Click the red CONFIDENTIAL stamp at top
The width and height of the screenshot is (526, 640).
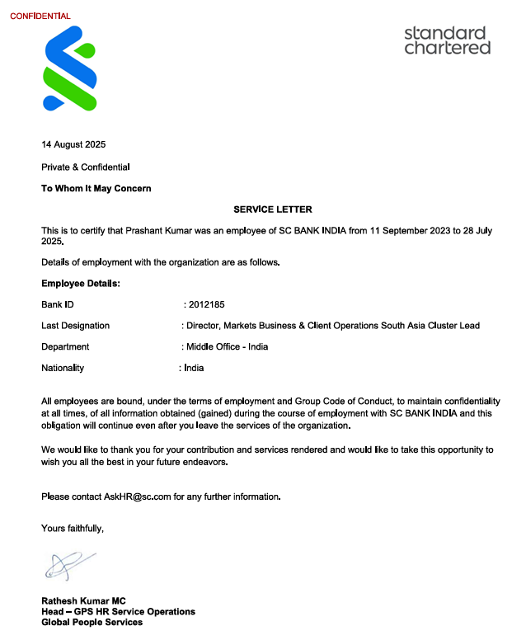40,16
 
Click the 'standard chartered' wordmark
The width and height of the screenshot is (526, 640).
447,40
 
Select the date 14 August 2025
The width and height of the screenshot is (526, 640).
73,145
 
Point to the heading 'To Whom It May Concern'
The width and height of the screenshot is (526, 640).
96,188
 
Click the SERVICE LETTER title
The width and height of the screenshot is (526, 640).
273,209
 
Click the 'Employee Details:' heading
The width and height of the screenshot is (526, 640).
81,284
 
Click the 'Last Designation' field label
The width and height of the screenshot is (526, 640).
75,326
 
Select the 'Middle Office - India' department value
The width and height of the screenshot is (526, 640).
227,346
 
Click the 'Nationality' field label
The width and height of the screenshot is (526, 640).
63,368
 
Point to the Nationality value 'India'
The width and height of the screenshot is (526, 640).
194,368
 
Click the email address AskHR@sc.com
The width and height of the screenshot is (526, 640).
137,496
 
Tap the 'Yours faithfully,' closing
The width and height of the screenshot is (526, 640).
73,527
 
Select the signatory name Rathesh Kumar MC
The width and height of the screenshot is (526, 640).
83,600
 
